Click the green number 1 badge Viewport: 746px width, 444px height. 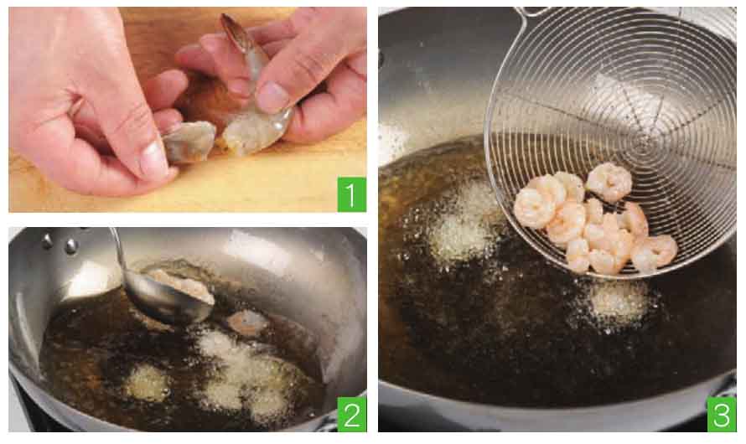(351, 194)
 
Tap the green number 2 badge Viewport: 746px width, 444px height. (351, 414)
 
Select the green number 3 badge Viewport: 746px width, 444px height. (721, 414)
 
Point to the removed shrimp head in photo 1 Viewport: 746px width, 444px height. (189, 142)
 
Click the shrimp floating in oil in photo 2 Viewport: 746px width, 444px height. (247, 322)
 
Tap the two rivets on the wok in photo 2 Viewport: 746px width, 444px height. (59, 242)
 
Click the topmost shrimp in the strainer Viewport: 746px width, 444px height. (609, 182)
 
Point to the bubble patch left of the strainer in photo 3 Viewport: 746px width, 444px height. (462, 223)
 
